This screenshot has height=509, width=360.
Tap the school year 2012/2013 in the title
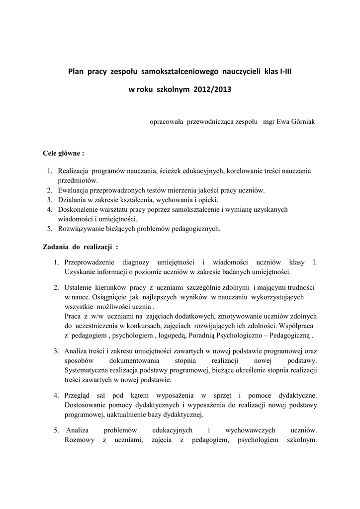pyautogui.click(x=209, y=90)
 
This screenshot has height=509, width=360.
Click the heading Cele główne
pyautogui.click(x=63, y=153)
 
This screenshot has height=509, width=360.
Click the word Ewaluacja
pyautogui.click(x=74, y=190)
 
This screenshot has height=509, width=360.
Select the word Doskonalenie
pyautogui.click(x=78, y=209)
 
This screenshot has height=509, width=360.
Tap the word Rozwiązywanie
pyautogui.click(x=80, y=229)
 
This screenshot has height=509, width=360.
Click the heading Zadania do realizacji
pyautogui.click(x=81, y=247)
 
